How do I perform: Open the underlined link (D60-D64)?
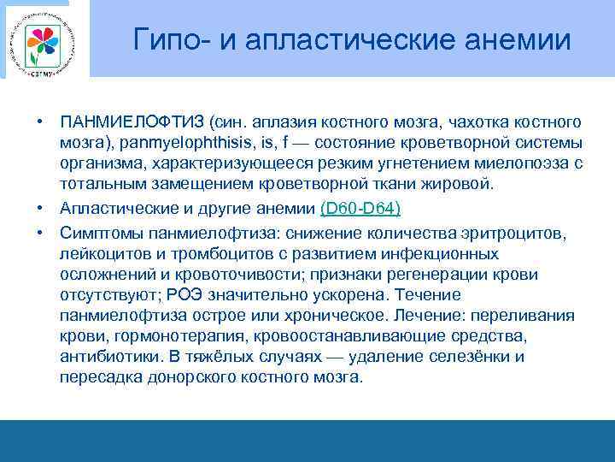pyautogui.click(x=360, y=209)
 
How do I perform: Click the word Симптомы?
pyautogui.click(x=99, y=233)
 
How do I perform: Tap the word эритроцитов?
pyautogui.click(x=529, y=233)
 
